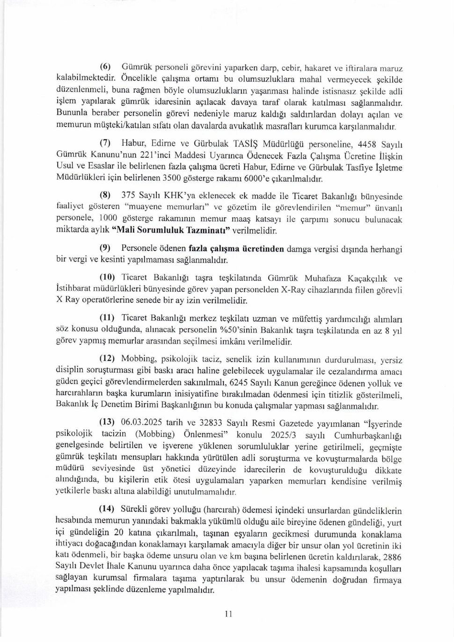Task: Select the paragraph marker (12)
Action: point(107,358)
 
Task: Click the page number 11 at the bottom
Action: point(228,614)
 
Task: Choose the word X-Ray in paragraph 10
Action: point(293,289)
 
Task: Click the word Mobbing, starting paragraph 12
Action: point(139,359)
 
